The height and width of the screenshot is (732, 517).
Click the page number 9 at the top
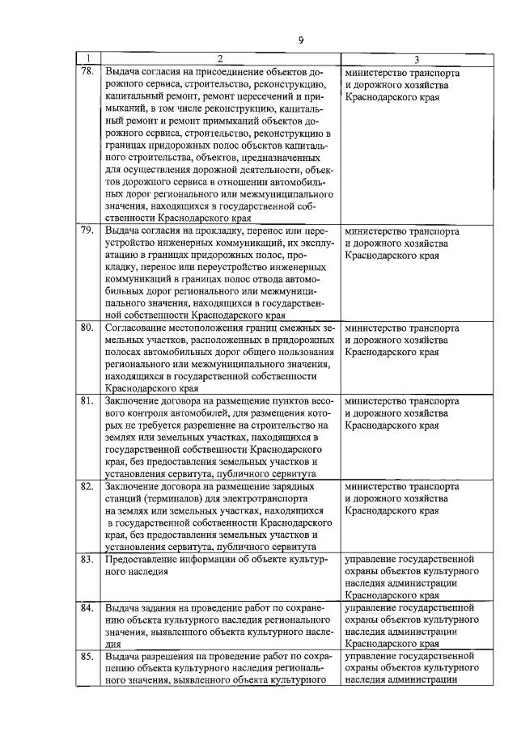[x=300, y=40]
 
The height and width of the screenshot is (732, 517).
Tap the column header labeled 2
[x=219, y=58]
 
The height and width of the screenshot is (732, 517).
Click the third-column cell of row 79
[x=401, y=243]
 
